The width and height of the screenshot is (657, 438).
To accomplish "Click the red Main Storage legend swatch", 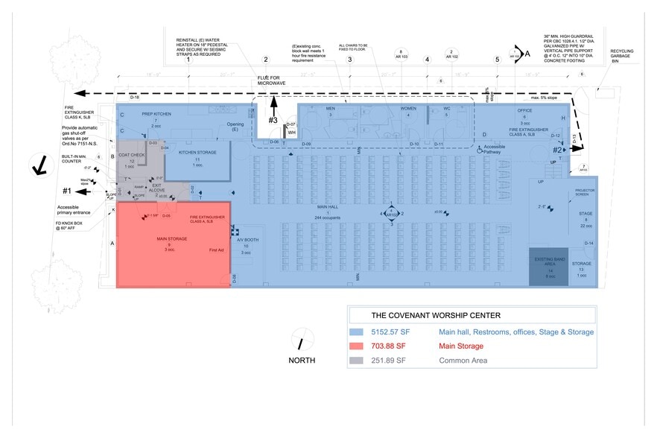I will (x=356, y=346).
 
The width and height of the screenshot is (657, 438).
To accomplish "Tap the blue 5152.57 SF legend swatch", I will (x=356, y=331).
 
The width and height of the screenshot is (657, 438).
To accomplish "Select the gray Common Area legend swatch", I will (x=356, y=361).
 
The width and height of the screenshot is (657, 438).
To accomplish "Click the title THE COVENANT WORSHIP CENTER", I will (x=425, y=314).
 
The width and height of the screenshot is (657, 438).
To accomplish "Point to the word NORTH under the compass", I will (x=302, y=361).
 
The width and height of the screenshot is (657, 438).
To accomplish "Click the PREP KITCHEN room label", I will (x=156, y=114).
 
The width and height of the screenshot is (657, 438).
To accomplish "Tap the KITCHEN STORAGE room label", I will (x=197, y=153).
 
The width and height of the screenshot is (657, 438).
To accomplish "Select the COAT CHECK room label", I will (x=131, y=155).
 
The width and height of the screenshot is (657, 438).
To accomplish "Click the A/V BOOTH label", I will (x=247, y=240).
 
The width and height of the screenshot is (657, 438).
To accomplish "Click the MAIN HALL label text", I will (x=328, y=207).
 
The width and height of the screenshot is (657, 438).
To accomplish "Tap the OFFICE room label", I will (x=524, y=111).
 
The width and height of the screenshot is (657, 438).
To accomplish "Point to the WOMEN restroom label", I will (x=408, y=109).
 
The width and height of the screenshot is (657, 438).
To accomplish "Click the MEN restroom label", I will (x=331, y=109).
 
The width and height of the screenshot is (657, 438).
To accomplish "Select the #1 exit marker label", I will (x=67, y=191).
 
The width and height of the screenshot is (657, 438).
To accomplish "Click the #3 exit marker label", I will (x=273, y=120).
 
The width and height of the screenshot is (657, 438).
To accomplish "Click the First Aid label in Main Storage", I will (x=216, y=250).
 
